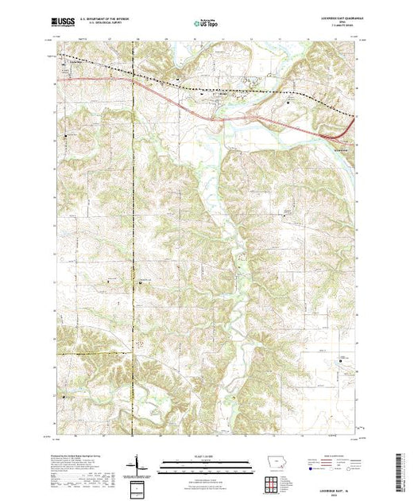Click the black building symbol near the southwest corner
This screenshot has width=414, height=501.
pos(65,394)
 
